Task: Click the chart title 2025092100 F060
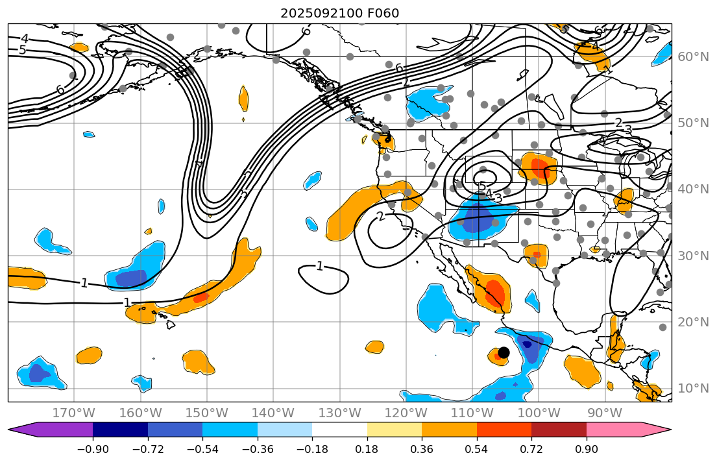pyautogui.click(x=339, y=13)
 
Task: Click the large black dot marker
pyautogui.click(x=504, y=352)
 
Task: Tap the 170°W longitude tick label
pyautogui.click(x=74, y=413)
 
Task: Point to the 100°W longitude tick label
pyautogui.click(x=539, y=413)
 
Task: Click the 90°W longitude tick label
pyautogui.click(x=605, y=413)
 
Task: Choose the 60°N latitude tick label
pyautogui.click(x=694, y=56)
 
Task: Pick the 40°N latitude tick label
pyautogui.click(x=694, y=189)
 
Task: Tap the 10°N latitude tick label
pyautogui.click(x=694, y=388)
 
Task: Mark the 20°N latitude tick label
pyautogui.click(x=694, y=322)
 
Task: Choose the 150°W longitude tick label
pyautogui.click(x=207, y=413)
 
